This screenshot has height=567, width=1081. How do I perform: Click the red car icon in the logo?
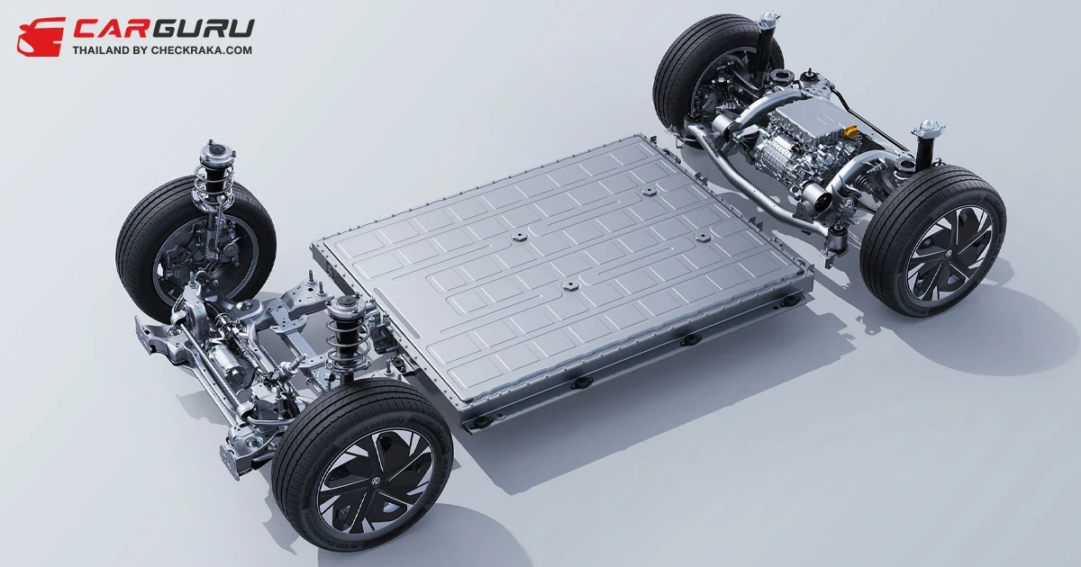coord(41,37)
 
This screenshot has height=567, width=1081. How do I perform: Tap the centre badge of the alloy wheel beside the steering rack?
coord(376,481)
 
